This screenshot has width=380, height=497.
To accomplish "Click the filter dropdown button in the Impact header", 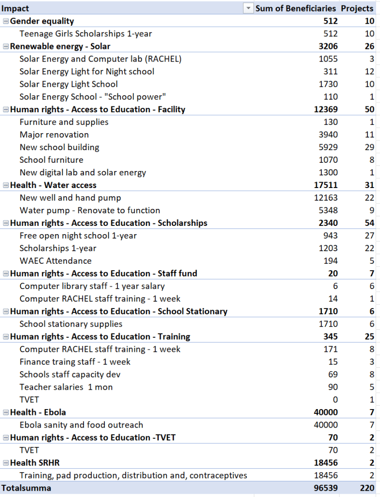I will click(x=248, y=8).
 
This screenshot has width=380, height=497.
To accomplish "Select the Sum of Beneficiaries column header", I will click(x=296, y=8).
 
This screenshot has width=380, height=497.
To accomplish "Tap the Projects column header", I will click(x=358, y=8).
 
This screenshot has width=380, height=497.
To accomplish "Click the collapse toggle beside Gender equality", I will click(x=6, y=21).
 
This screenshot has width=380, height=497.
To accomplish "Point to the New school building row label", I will click(x=59, y=147).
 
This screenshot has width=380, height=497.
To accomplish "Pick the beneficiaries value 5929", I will click(x=328, y=147).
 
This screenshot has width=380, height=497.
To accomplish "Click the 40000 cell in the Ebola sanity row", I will click(x=326, y=425).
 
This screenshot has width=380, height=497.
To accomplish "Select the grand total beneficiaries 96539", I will click(x=325, y=488).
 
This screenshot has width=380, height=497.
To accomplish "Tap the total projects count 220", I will click(x=367, y=488).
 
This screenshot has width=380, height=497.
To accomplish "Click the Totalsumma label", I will click(x=26, y=488).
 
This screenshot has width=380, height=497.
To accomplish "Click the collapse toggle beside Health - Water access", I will click(x=6, y=185).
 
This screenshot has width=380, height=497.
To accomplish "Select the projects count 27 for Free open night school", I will click(x=369, y=236).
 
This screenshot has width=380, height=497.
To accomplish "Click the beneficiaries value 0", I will click(x=335, y=399).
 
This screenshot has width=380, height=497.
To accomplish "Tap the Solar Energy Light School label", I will click(x=68, y=84).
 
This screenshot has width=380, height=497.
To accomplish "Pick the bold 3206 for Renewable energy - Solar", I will click(x=328, y=47).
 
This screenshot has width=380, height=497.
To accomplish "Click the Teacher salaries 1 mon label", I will click(x=66, y=387).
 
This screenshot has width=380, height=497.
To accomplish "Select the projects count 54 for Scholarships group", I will click(x=369, y=223).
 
